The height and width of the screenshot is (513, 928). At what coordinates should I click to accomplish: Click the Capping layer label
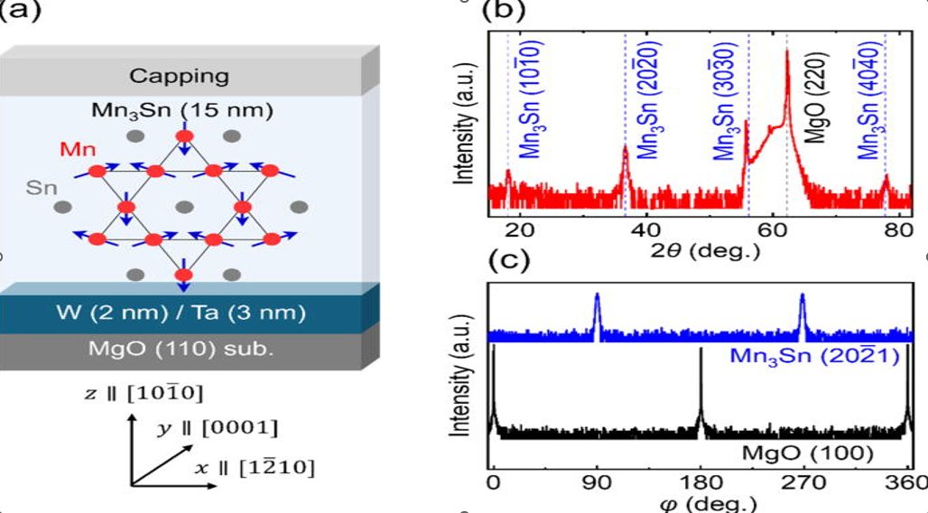(x=179, y=76)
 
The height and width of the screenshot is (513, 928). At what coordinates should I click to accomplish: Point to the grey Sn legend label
(x=42, y=189)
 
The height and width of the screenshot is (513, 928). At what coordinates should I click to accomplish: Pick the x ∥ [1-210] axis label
(x=255, y=467)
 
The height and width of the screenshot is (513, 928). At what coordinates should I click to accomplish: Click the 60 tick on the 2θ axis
(x=773, y=230)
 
